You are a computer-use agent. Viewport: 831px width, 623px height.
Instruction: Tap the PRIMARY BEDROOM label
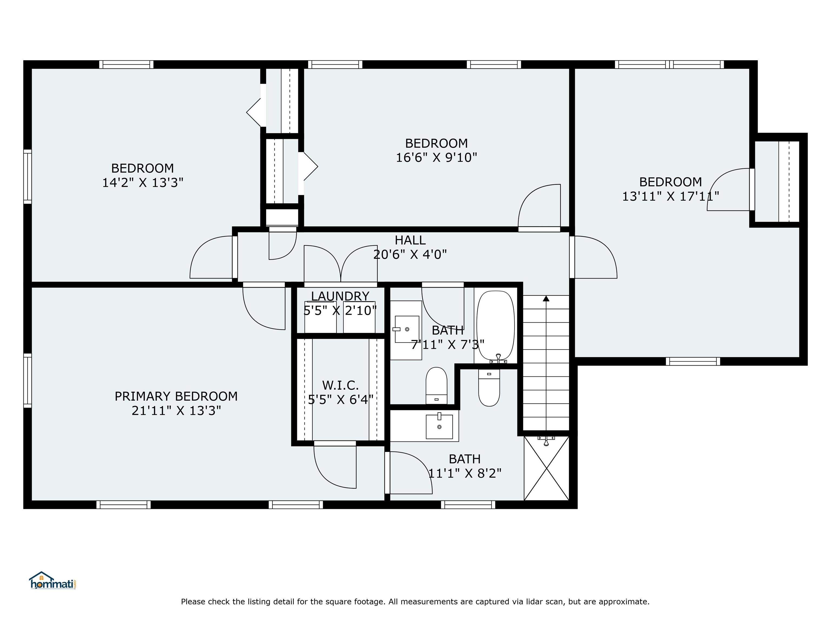coord(176,396)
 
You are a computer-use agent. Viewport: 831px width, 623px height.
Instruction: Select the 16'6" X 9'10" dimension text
coord(436,157)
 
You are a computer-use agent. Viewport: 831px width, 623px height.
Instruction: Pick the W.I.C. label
coord(340,385)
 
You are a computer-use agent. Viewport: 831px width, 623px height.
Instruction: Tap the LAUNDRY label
coord(340,296)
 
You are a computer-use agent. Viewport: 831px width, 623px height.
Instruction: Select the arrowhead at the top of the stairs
coord(546,299)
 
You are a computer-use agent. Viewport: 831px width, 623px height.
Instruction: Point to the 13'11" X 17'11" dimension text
coord(671,196)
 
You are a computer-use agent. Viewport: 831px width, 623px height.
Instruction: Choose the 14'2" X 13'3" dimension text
coord(143,183)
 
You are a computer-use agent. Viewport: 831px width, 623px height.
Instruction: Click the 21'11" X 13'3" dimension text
coord(176,410)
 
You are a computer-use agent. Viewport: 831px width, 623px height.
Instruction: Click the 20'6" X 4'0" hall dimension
coord(410,255)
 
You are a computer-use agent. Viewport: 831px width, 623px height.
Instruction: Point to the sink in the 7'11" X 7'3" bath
coord(407,329)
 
